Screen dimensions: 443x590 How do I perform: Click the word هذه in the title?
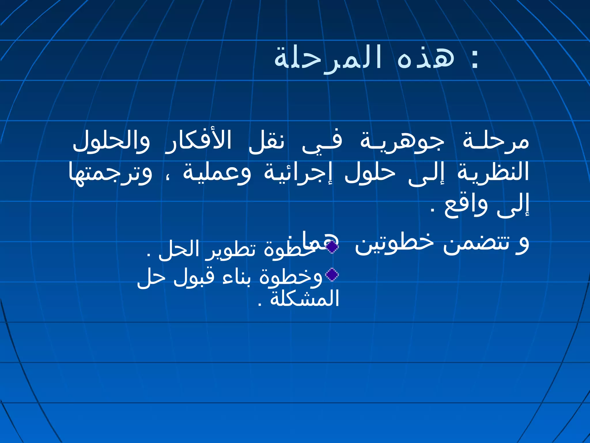(426, 58)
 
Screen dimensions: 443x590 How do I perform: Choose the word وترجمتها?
(110, 173)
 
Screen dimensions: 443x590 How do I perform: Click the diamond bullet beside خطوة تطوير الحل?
(332, 246)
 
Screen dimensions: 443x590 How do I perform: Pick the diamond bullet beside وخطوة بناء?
(332, 275)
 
